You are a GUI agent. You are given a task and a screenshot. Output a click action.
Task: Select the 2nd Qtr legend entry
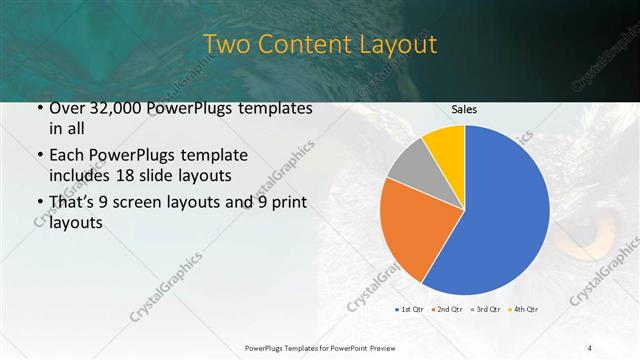pyautogui.click(x=447, y=310)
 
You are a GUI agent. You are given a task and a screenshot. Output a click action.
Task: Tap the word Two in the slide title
pyautogui.click(x=226, y=45)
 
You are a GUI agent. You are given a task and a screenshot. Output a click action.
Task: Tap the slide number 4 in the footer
pyautogui.click(x=590, y=347)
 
